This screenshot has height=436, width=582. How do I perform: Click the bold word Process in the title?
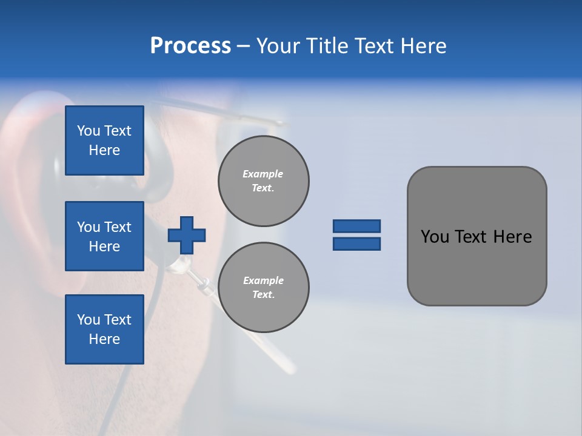coord(190,46)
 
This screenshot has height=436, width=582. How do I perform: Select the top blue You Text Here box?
coord(104,140)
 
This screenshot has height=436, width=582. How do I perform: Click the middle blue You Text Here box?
coord(104,236)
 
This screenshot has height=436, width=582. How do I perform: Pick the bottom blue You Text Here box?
coord(104,329)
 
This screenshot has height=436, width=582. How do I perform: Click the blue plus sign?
coord(187,235)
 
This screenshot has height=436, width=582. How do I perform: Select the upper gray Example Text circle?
coord(263,180)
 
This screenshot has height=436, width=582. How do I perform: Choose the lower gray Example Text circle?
coord(263,287)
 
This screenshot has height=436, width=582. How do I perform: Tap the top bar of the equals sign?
coord(356,226)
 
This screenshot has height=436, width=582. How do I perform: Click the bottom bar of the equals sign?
coord(356,244)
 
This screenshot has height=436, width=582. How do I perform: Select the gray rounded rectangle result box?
coord(477,266)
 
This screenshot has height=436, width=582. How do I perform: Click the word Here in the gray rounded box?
coord(512,237)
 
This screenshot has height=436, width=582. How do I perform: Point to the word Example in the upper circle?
coord(263,174)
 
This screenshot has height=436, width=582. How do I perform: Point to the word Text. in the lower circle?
coord(263,294)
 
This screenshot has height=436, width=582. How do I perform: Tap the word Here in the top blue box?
coord(104,150)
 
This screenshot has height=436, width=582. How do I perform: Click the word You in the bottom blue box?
coord(89,320)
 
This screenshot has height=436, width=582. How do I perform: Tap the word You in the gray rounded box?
coord(435,237)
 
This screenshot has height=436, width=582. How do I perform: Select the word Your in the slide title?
coord(276,46)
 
